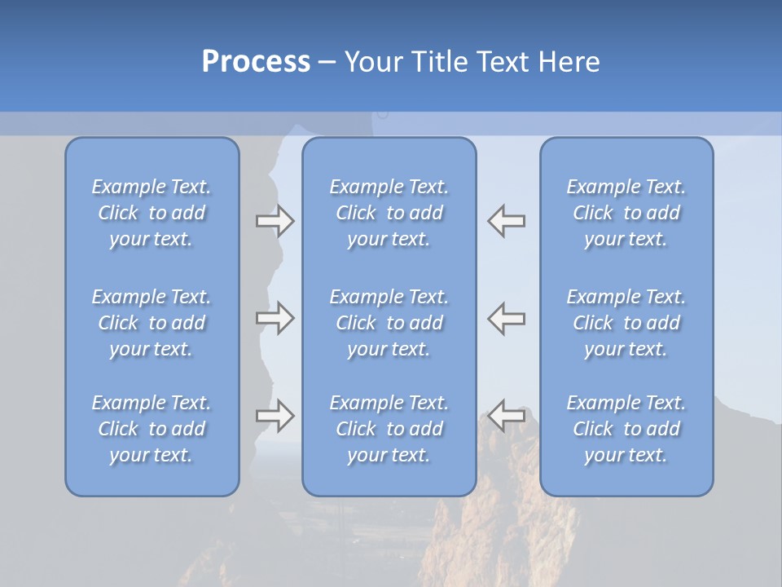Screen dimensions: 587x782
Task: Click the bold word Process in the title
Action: point(256,62)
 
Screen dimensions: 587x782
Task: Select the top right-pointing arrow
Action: point(275,221)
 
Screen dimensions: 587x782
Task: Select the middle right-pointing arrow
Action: point(275,318)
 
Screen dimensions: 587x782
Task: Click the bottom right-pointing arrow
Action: point(275,415)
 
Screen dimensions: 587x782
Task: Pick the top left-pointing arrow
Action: point(507,221)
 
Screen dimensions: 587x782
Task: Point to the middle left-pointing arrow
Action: point(507,318)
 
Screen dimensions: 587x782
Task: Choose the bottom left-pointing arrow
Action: point(507,415)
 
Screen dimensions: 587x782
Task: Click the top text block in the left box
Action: point(152,213)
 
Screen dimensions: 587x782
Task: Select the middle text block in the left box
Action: point(152,323)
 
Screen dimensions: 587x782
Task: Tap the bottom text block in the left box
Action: point(152,429)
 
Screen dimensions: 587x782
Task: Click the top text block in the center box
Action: point(389,213)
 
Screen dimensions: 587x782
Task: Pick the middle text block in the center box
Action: point(389,323)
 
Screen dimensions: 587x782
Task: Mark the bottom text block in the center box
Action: point(389,429)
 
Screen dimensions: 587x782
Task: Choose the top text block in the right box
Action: point(626,213)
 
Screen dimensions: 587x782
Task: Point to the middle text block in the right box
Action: point(626,323)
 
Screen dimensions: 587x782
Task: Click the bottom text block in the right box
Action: point(626,429)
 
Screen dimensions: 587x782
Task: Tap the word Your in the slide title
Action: point(372,62)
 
